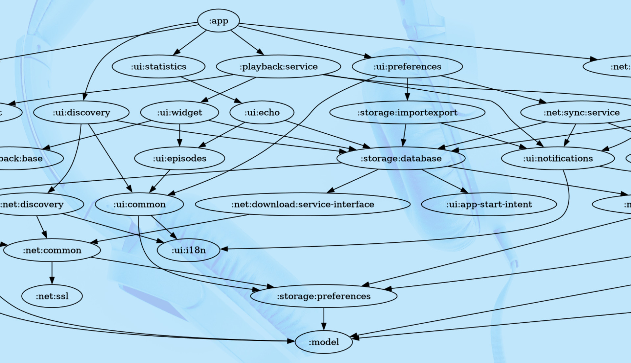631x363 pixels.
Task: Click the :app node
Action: pos(218,21)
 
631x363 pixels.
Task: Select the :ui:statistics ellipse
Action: pos(158,66)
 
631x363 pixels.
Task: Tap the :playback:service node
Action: pos(278,66)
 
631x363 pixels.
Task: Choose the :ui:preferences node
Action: pos(407,66)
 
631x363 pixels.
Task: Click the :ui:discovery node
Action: pos(81,112)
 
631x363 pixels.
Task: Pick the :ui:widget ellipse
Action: pos(179,112)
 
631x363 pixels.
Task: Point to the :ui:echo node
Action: pos(262,112)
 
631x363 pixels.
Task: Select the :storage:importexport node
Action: pos(407,112)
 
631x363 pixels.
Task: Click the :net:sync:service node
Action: pos(581,112)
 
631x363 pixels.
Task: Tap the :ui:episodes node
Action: pos(179,158)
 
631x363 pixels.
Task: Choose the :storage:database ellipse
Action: pos(401,158)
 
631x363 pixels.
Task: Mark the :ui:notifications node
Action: pos(558,158)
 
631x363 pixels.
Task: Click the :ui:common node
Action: pos(139,204)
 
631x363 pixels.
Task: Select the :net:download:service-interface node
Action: pos(302,204)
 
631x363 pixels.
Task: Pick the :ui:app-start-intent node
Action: pos(489,204)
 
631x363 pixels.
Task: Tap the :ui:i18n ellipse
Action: pos(188,250)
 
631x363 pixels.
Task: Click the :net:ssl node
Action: pos(52,296)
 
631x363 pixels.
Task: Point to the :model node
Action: pos(323,342)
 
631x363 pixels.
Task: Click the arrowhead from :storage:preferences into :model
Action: pos(323,327)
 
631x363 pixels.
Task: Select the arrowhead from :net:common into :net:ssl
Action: pos(52,281)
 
